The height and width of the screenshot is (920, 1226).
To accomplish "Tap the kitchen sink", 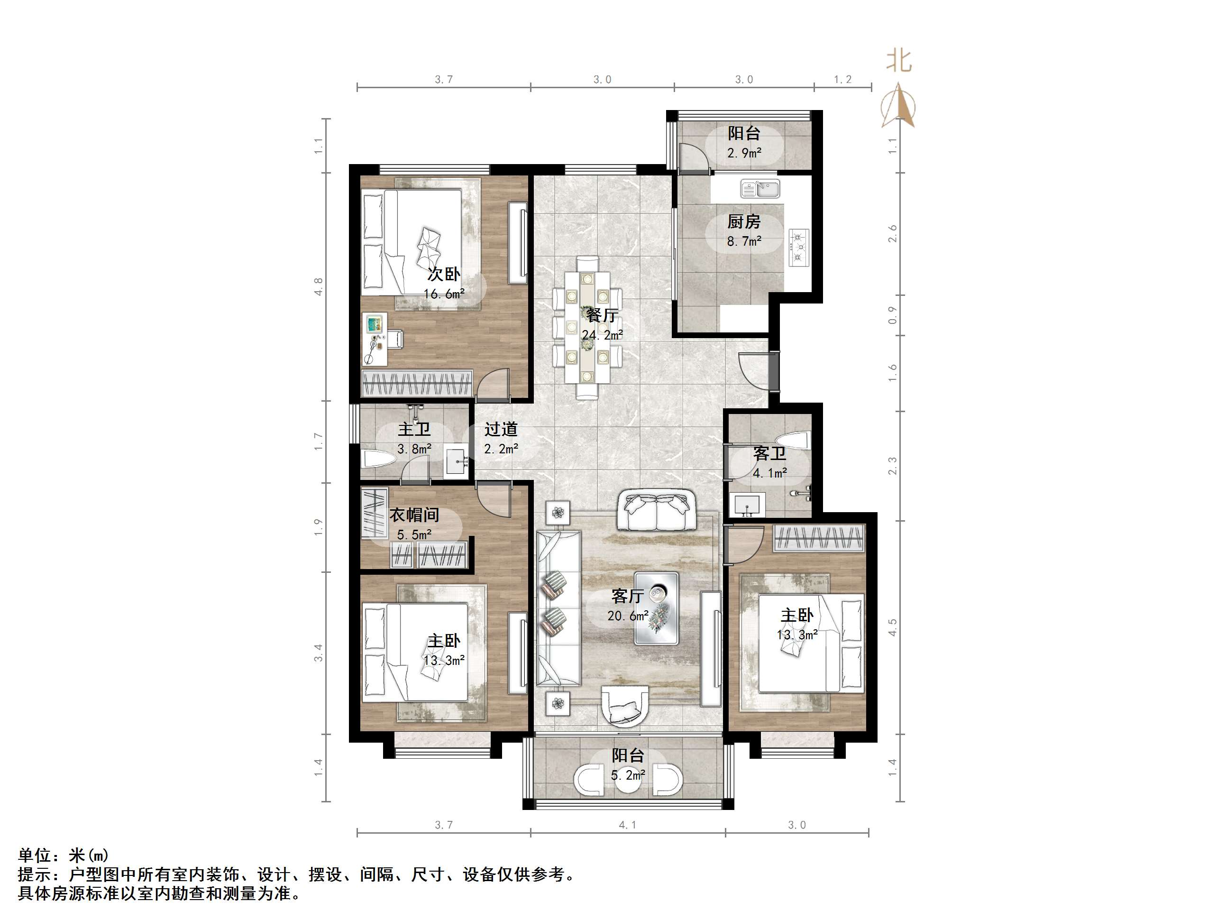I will tap(760, 189).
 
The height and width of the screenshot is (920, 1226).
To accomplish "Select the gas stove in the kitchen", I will tap(798, 248).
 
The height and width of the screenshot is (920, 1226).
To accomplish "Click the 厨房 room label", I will tap(744, 222).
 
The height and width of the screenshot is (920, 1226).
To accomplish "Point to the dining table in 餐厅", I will tap(587, 327).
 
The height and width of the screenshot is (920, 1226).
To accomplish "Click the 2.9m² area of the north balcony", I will tap(744, 153).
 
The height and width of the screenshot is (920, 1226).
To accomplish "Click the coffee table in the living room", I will tap(657, 608).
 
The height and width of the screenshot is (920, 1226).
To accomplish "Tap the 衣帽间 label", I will tap(414, 515).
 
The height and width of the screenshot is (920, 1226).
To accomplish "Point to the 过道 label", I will tap(501, 429).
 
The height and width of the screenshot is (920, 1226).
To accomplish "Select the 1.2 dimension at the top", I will tap(842, 80).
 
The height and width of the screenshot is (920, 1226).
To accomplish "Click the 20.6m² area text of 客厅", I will tap(628, 616).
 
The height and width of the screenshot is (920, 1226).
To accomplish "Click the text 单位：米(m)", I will tap(64, 855).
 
